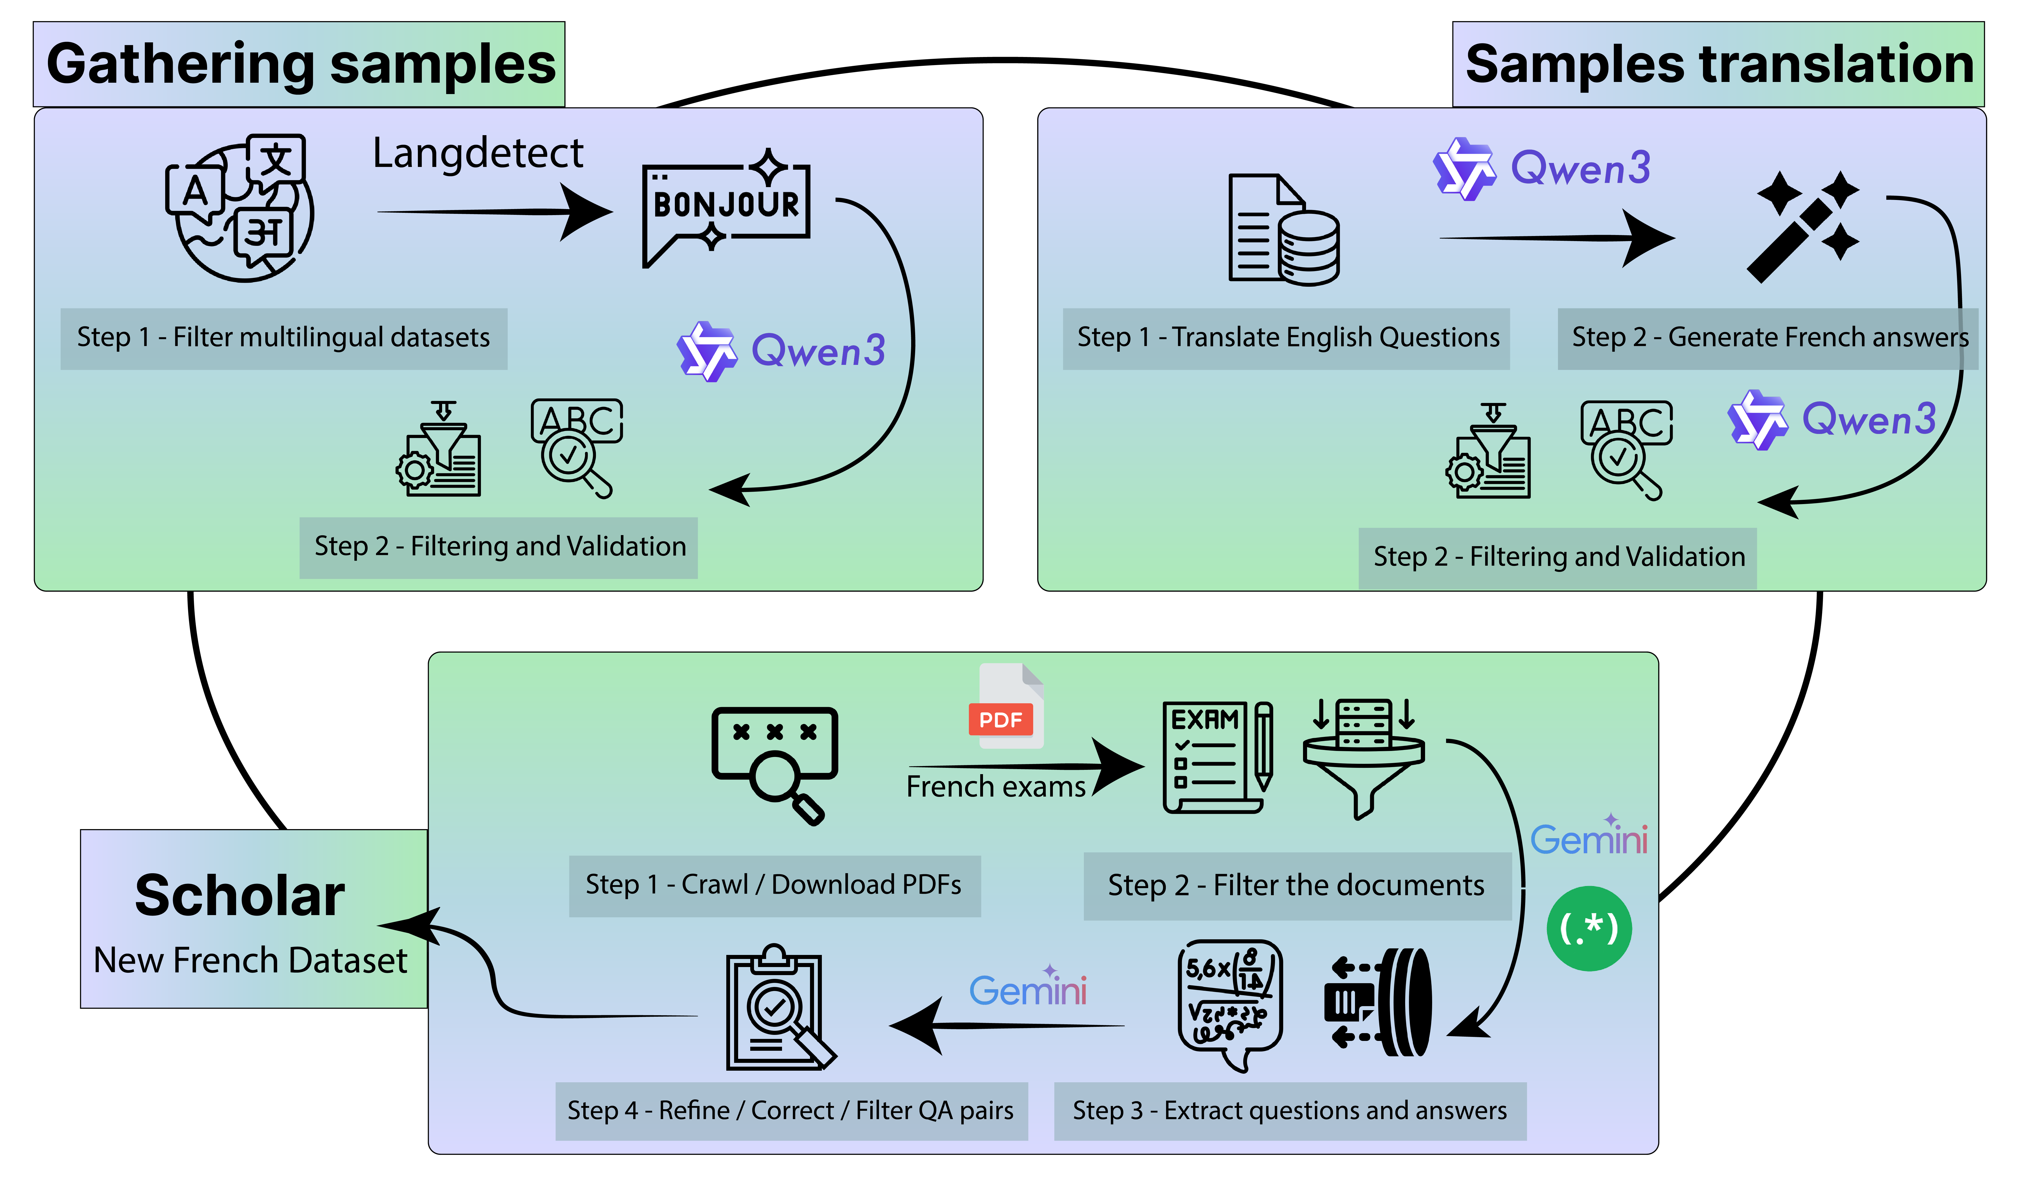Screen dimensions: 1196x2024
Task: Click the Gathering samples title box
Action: click(x=299, y=65)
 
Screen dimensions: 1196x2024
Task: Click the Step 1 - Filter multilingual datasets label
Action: click(x=284, y=338)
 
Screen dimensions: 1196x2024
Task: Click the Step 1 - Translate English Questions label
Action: click(x=1287, y=338)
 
